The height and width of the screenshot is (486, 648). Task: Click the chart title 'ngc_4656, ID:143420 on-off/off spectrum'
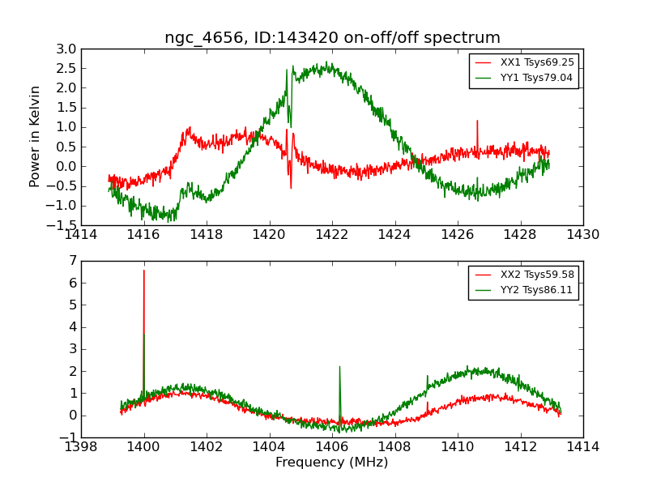click(332, 37)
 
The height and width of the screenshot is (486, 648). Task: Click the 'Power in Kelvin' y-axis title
click(35, 136)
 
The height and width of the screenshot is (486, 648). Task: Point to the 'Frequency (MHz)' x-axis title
click(332, 463)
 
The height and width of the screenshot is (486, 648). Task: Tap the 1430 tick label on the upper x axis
click(583, 235)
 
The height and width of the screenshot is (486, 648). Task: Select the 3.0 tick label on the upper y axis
click(66, 49)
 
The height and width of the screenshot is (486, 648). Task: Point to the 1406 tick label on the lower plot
click(332, 447)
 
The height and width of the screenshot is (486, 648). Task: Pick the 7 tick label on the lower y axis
click(73, 261)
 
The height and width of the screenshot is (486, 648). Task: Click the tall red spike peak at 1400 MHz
click(144, 271)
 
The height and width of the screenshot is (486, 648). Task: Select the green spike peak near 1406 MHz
click(339, 367)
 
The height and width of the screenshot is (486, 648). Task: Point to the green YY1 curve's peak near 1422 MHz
click(328, 62)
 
